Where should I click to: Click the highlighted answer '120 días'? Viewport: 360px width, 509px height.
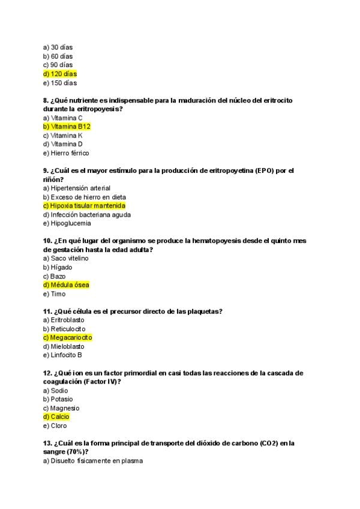point(60,74)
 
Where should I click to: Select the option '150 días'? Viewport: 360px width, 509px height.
point(60,83)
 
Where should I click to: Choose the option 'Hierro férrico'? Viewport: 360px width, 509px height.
point(67,153)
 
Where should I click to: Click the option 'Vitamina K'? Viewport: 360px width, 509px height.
point(63,136)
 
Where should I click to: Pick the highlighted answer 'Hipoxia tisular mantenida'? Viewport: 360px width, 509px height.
point(87,206)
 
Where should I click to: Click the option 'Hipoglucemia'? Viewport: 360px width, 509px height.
point(67,223)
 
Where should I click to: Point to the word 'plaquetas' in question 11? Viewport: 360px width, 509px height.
point(204,312)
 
